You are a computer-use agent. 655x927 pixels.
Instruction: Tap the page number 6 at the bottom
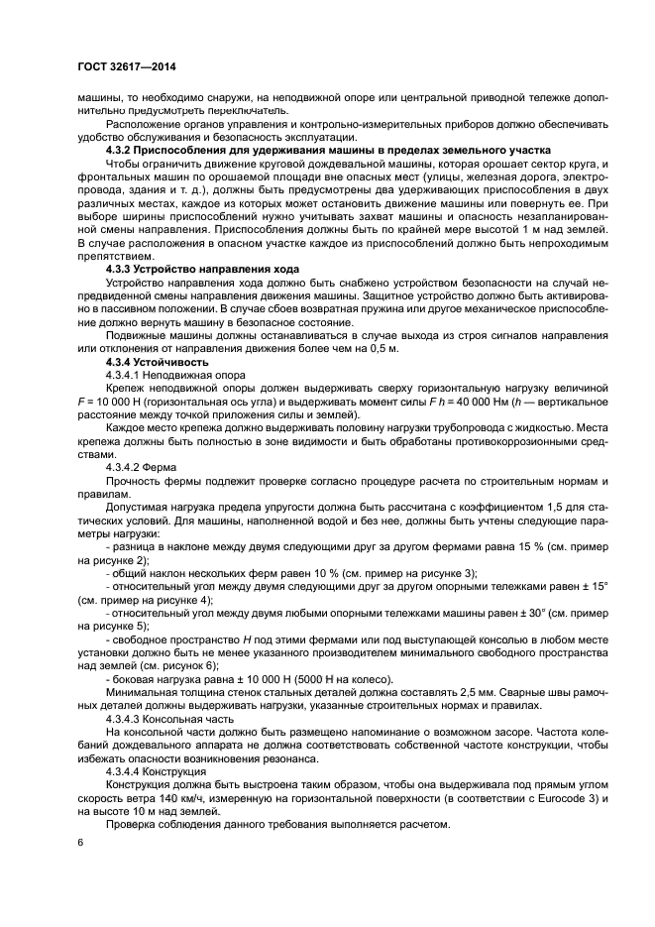(80, 841)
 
